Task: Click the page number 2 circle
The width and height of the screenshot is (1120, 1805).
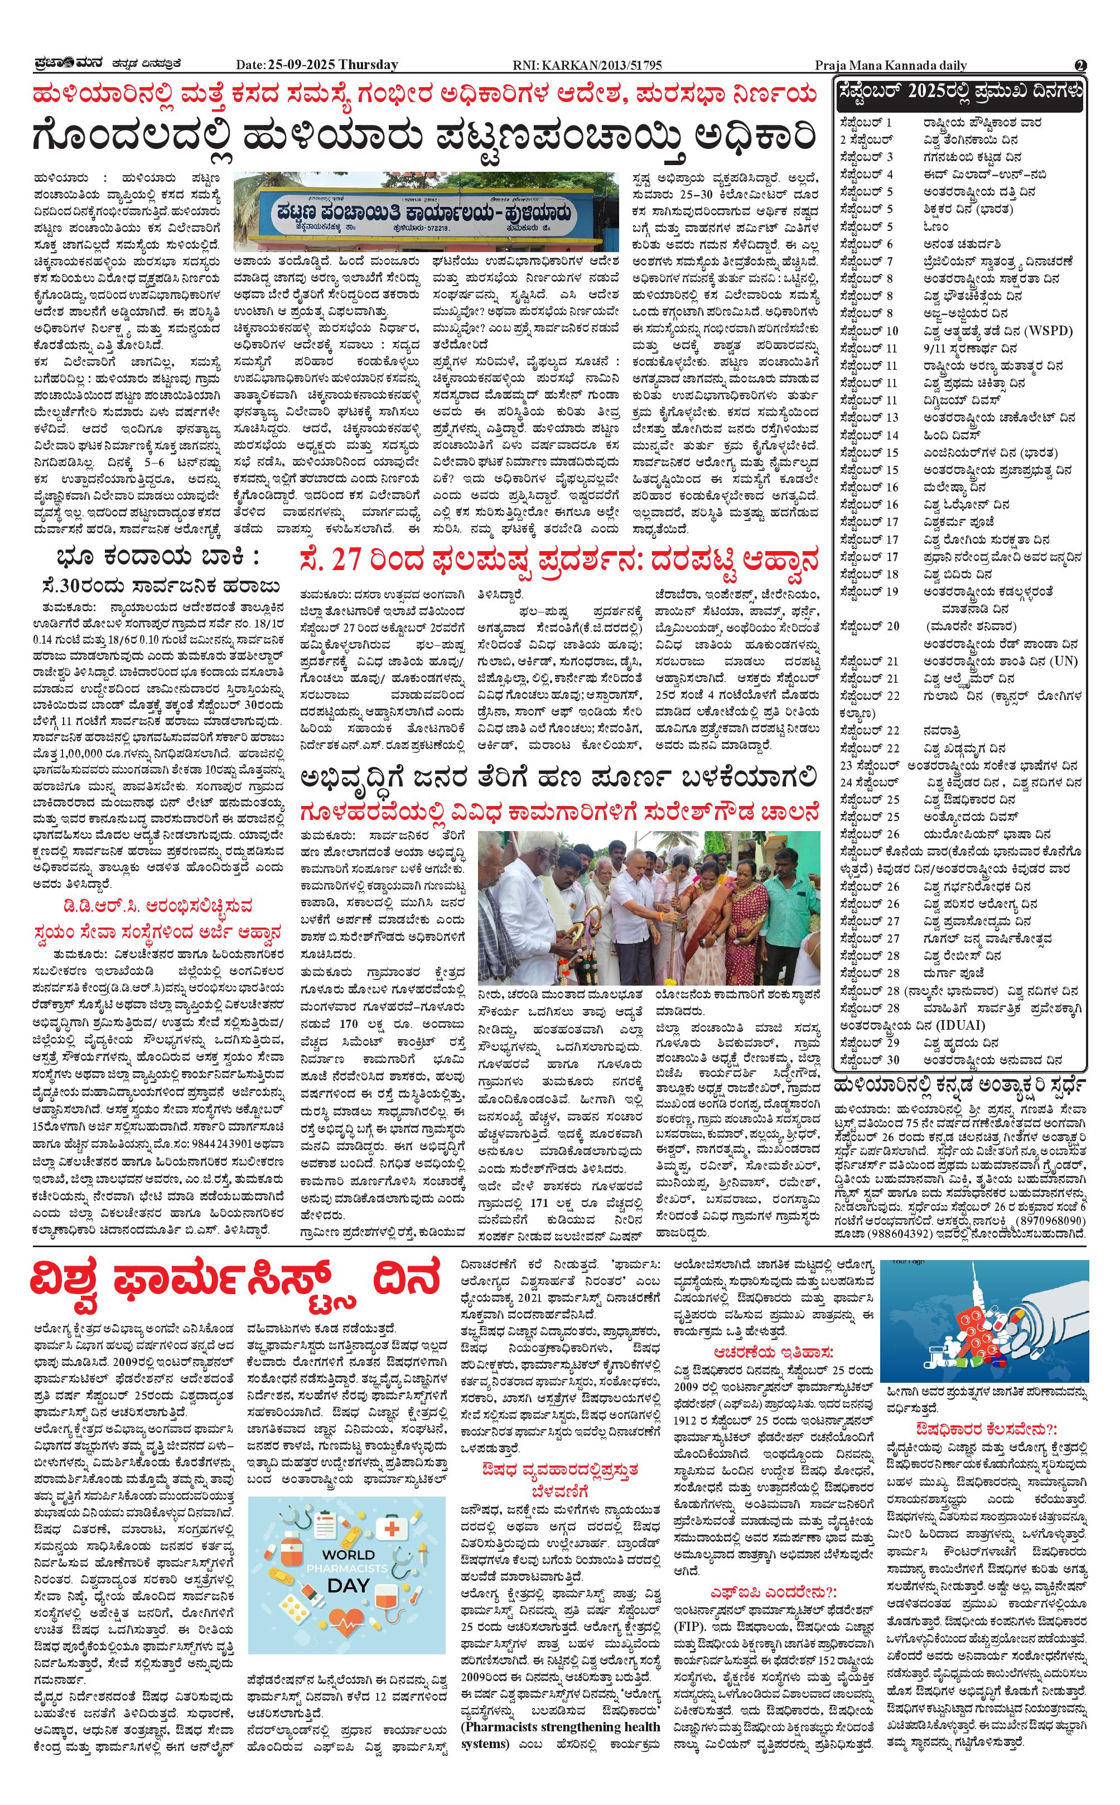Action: coord(1081,65)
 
